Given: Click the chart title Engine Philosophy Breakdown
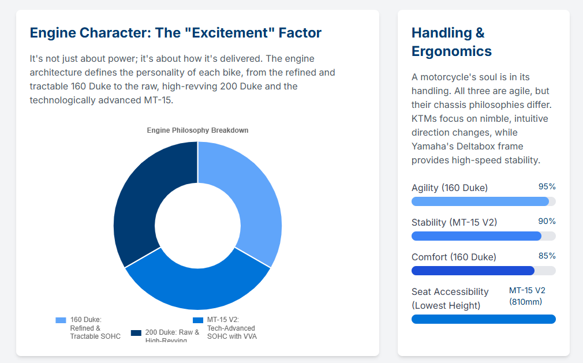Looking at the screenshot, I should point(197,130).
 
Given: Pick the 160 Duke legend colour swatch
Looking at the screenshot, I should point(61,320).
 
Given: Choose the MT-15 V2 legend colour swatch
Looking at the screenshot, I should point(197,320).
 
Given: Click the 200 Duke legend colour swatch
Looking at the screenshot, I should point(136,333).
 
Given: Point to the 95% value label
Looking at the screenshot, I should point(547,186).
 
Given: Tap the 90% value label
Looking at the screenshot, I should point(547,221).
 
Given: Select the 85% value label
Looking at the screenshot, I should point(547,256).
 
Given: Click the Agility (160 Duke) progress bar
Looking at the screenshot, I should point(483,201).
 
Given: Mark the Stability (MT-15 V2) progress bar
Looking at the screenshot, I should point(483,236).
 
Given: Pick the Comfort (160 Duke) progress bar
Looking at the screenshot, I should point(483,271).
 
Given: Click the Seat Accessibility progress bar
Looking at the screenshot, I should point(483,319).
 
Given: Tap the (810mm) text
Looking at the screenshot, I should point(525,302).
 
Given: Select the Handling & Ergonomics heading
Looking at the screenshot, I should point(451,42).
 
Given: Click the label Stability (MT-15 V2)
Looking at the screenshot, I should point(454,222).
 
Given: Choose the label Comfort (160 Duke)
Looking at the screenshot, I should point(454,257).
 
